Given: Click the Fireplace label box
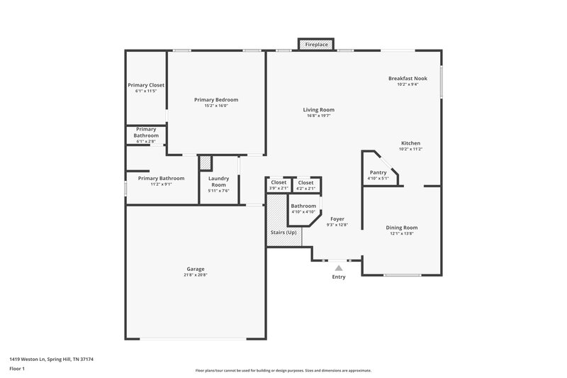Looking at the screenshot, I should pyautogui.click(x=316, y=45).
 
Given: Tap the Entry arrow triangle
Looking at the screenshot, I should pyautogui.click(x=339, y=268).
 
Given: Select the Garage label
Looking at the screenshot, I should pyautogui.click(x=196, y=269).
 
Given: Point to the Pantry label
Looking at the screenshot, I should pyautogui.click(x=378, y=172).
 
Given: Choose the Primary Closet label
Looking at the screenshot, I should pyautogui.click(x=146, y=85).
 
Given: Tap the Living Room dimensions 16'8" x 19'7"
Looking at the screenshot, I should pyautogui.click(x=318, y=116).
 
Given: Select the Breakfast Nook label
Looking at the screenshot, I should pyautogui.click(x=408, y=78).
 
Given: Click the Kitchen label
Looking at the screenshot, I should pyautogui.click(x=410, y=143).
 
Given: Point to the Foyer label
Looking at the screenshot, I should pyautogui.click(x=337, y=219).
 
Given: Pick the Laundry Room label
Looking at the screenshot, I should pyautogui.click(x=218, y=182).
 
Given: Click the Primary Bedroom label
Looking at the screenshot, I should pyautogui.click(x=216, y=100).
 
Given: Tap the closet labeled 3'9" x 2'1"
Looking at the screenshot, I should pyautogui.click(x=279, y=185).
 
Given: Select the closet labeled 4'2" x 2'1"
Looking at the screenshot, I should pyautogui.click(x=305, y=185).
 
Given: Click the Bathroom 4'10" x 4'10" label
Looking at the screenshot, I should pyautogui.click(x=303, y=209).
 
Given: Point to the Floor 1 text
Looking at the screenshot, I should pyautogui.click(x=17, y=369).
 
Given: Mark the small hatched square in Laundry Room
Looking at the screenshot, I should pyautogui.click(x=205, y=163).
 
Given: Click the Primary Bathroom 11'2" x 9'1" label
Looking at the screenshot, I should pyautogui.click(x=161, y=181).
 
